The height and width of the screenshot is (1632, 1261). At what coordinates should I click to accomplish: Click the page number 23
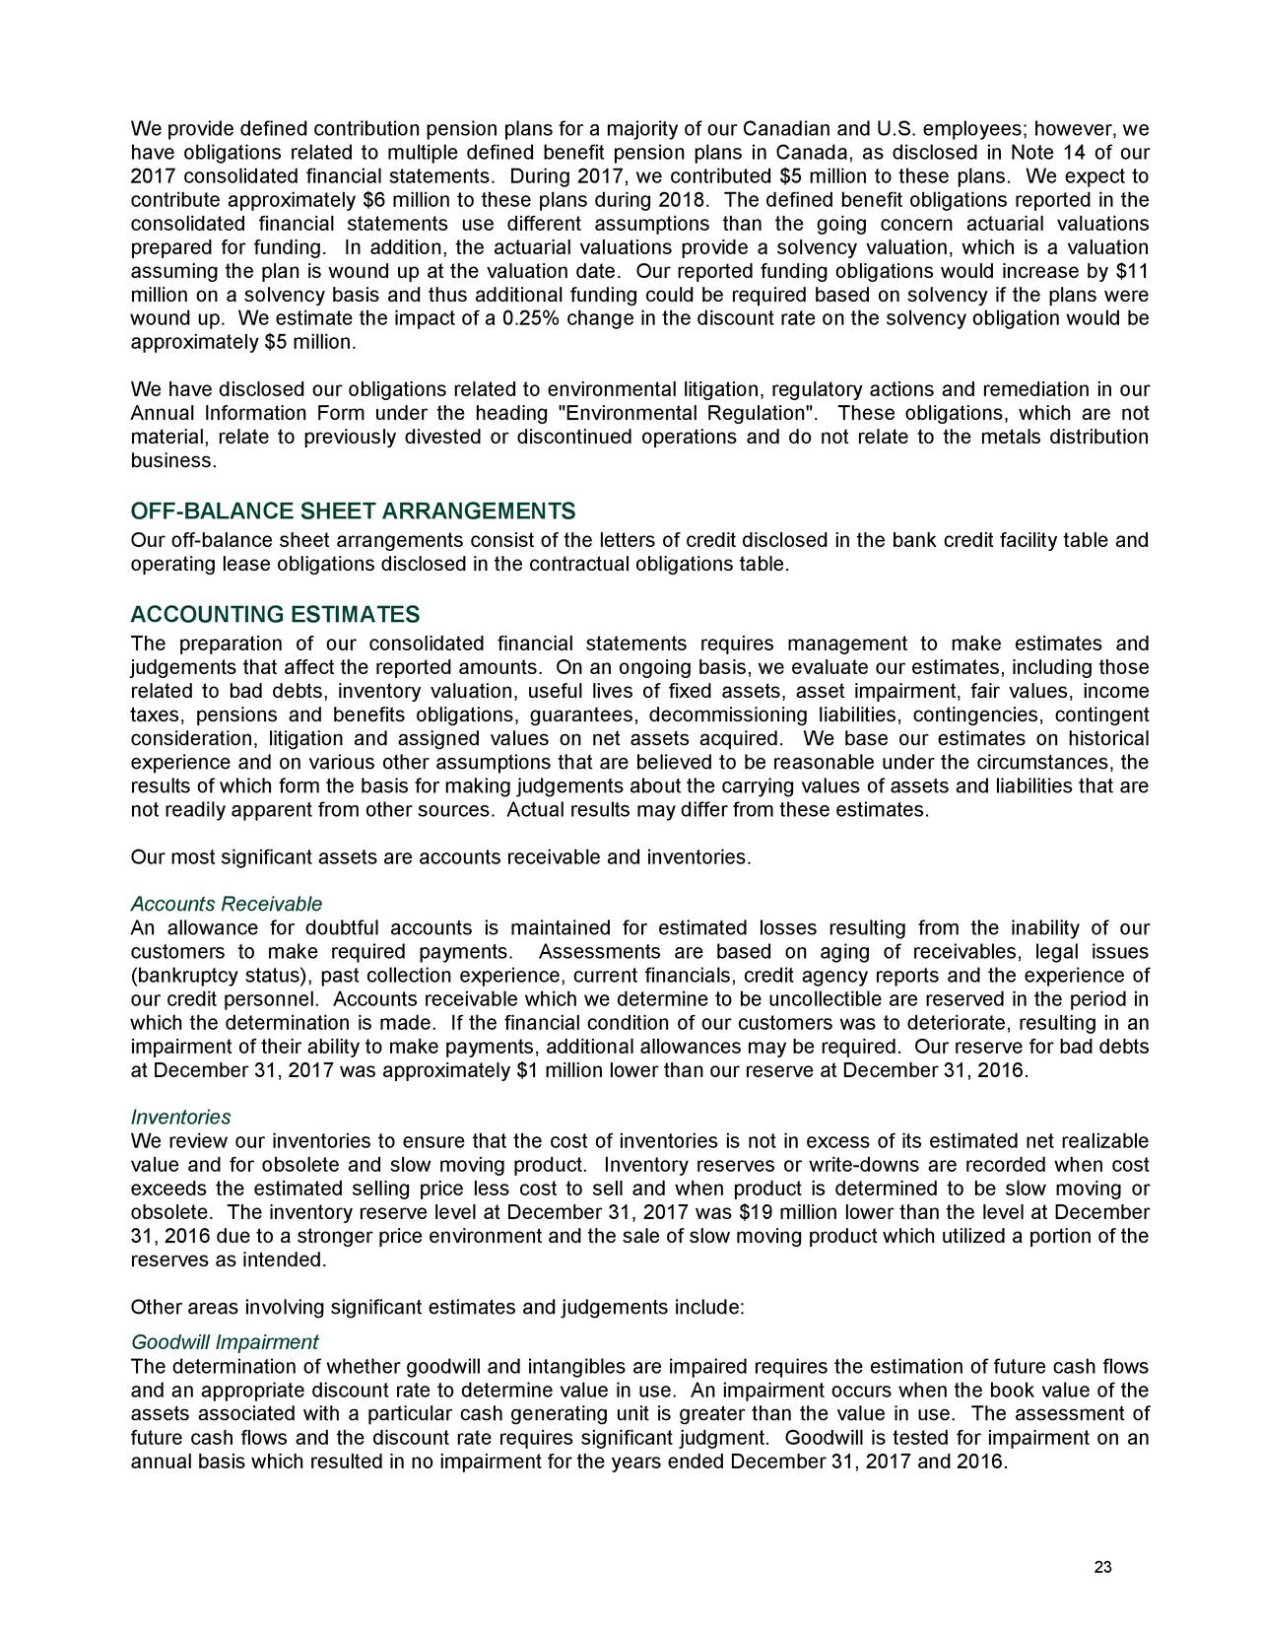[1103, 1569]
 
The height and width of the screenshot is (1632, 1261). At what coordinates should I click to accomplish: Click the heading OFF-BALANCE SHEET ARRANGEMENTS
[353, 512]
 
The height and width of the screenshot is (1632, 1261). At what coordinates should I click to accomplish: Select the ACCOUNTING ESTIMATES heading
[275, 616]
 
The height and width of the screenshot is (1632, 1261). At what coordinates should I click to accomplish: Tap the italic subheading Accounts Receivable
[227, 905]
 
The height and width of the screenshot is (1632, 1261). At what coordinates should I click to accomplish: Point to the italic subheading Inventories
[180, 1118]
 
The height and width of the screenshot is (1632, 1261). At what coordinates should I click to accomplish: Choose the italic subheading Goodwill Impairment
[224, 1342]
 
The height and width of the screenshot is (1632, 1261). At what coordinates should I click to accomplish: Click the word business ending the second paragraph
[171, 461]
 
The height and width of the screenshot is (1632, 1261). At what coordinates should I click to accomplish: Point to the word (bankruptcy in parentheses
[181, 976]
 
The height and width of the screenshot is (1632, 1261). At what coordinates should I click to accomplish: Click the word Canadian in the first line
[784, 130]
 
